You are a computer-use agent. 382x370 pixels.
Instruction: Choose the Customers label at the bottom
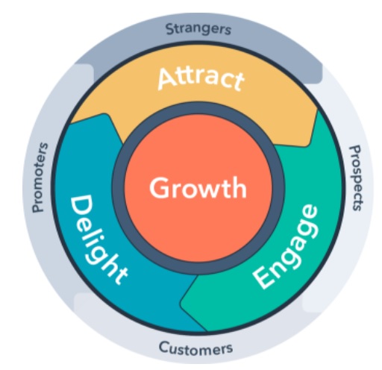coord(195,347)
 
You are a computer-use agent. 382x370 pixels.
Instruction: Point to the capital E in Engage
coord(262,278)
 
